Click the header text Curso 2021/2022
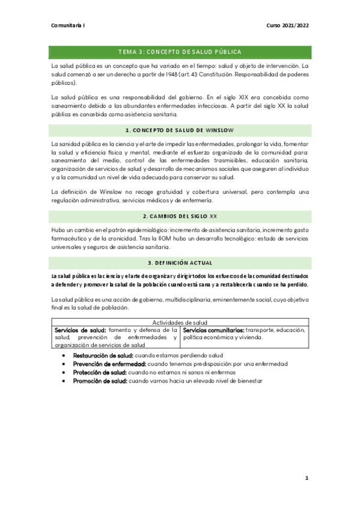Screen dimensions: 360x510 [x=287, y=26]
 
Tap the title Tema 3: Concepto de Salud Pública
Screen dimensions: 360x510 [x=180, y=52]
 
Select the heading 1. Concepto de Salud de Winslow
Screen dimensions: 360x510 [x=180, y=130]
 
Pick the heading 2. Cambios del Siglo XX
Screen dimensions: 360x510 [x=180, y=215]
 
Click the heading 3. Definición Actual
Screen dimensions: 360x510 [x=180, y=263]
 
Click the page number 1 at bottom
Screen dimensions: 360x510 [x=307, y=478]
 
